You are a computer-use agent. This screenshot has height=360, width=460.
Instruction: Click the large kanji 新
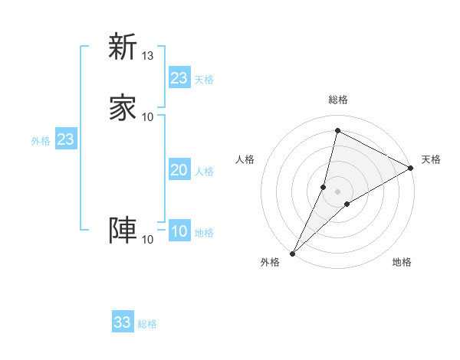click(x=123, y=47)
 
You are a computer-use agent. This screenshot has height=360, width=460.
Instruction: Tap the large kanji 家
click(x=123, y=106)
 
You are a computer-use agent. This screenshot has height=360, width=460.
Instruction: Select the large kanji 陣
click(x=123, y=230)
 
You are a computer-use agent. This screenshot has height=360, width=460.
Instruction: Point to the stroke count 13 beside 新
click(x=148, y=56)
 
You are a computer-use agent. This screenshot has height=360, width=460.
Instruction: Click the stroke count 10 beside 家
click(x=148, y=116)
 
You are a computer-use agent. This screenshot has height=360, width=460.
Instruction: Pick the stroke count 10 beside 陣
click(x=148, y=240)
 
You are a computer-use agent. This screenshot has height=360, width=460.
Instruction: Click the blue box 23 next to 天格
click(x=179, y=78)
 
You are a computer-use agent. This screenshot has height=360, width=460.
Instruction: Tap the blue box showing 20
click(x=179, y=171)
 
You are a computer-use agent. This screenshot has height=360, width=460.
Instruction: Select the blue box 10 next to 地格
click(x=179, y=231)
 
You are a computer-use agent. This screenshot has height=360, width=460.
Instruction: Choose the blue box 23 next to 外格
click(x=65, y=139)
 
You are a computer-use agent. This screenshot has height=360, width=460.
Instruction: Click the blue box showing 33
click(x=123, y=322)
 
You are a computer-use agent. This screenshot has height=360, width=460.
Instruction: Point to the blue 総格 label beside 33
click(x=147, y=324)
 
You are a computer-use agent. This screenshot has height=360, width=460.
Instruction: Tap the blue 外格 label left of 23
click(x=41, y=141)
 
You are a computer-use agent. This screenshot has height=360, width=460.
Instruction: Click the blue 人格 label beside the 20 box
click(x=205, y=172)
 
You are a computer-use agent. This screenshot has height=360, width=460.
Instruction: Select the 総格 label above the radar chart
click(x=337, y=100)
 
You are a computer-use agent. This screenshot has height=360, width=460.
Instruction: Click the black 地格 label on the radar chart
click(x=402, y=263)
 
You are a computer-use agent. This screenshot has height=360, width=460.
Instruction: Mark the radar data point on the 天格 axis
click(x=412, y=169)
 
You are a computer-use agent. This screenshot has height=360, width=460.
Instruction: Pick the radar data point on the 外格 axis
click(x=292, y=253)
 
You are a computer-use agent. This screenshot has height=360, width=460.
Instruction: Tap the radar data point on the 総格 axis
click(x=337, y=131)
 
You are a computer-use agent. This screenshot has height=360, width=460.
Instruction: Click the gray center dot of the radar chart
click(x=337, y=191)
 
